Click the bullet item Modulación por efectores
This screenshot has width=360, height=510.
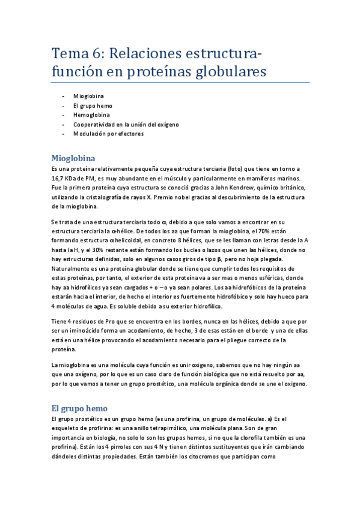tap(108, 134)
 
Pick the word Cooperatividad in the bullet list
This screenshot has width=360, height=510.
tap(94, 124)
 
